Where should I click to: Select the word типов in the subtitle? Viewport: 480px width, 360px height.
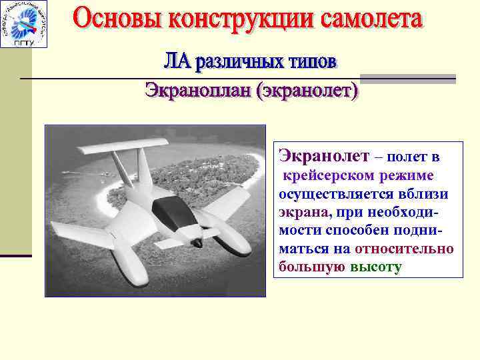(x=303, y=62)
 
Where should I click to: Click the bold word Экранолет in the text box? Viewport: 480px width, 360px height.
(x=323, y=157)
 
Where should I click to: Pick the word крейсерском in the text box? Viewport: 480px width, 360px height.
(x=327, y=176)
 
